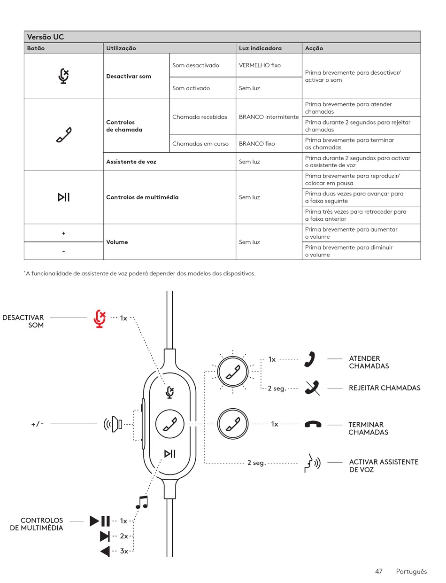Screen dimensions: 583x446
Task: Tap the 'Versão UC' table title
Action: [46, 37]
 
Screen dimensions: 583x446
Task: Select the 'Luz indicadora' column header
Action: [260, 48]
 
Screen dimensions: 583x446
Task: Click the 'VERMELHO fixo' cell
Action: [260, 65]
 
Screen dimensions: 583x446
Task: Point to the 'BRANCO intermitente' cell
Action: [269, 117]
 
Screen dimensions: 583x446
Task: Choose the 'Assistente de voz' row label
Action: [131, 162]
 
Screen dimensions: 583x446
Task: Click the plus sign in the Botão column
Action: [63, 233]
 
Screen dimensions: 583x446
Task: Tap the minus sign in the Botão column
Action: [63, 251]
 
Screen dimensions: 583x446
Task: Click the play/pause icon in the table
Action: [63, 197]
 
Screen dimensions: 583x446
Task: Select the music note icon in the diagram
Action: [141, 502]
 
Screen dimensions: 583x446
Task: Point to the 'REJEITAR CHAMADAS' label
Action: [384, 388]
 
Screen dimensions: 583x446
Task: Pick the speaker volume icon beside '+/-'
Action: [113, 425]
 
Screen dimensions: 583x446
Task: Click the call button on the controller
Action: [169, 424]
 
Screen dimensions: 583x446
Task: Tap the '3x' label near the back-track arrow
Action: [123, 551]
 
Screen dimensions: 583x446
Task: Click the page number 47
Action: [379, 571]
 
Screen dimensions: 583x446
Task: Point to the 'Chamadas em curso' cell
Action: [200, 144]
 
